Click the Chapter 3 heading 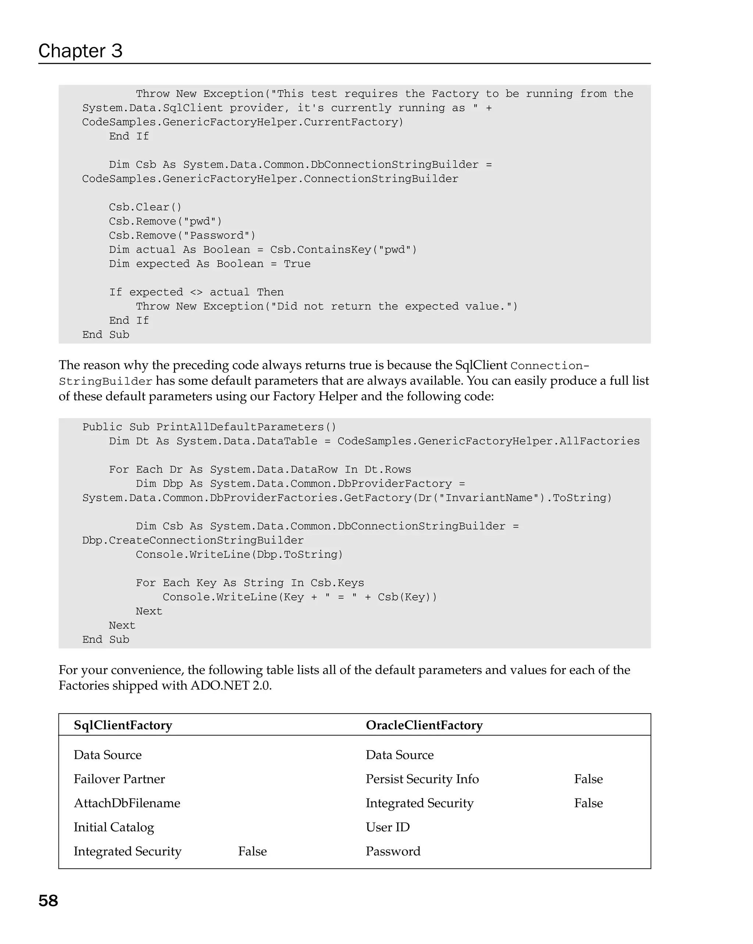pyautogui.click(x=80, y=51)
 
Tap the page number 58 pyautogui.click(x=48, y=901)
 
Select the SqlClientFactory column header pyautogui.click(x=123, y=725)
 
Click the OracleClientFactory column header pyautogui.click(x=424, y=725)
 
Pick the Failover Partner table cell pyautogui.click(x=119, y=779)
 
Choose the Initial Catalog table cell pyautogui.click(x=114, y=827)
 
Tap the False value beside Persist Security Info pyautogui.click(x=588, y=779)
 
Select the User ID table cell pyautogui.click(x=387, y=827)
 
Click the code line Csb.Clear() pyautogui.click(x=145, y=207)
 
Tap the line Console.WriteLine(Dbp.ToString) pyautogui.click(x=239, y=555)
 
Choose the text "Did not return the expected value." pyautogui.click(x=391, y=306)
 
